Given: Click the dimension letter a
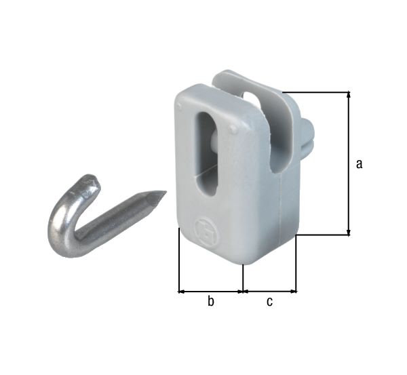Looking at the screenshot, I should [360, 163].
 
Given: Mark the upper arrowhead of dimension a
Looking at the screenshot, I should [349, 96].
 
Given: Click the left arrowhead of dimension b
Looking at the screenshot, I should [181, 292].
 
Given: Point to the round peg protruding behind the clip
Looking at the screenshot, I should [307, 136].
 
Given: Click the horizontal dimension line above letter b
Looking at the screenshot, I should [210, 292].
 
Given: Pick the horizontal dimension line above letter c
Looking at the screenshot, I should [269, 292].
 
